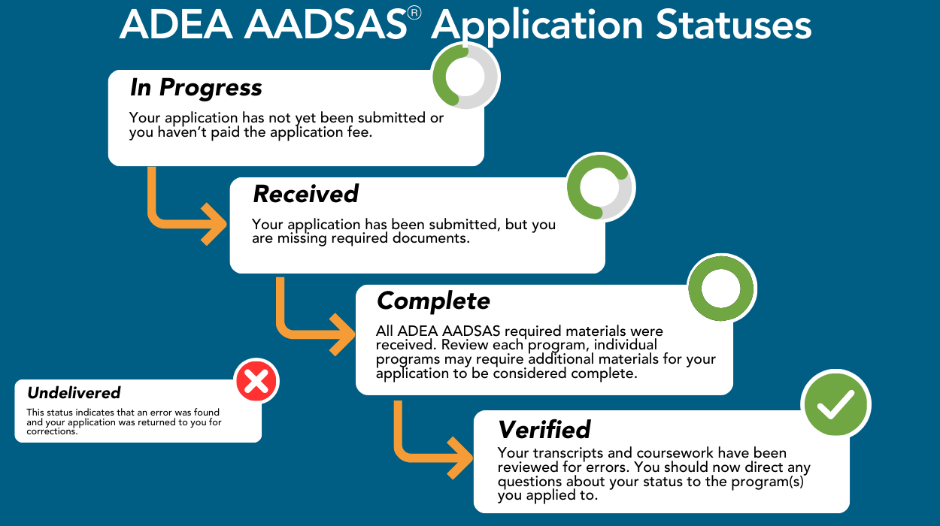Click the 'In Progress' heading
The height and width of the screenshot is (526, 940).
[x=196, y=88]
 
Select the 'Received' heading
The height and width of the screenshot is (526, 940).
[x=305, y=194]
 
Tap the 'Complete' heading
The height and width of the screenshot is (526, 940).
[x=433, y=301]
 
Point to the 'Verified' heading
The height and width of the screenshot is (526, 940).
[x=544, y=430]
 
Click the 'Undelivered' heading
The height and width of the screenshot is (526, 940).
[x=74, y=392]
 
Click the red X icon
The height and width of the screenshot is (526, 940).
[x=256, y=382]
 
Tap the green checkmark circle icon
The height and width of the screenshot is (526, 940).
[x=835, y=405]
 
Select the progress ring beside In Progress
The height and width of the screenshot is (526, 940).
[x=465, y=76]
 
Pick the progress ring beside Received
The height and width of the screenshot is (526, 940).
[x=600, y=188]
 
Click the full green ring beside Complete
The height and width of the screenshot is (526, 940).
[x=721, y=289]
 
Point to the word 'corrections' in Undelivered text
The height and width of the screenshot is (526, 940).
[x=52, y=431]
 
